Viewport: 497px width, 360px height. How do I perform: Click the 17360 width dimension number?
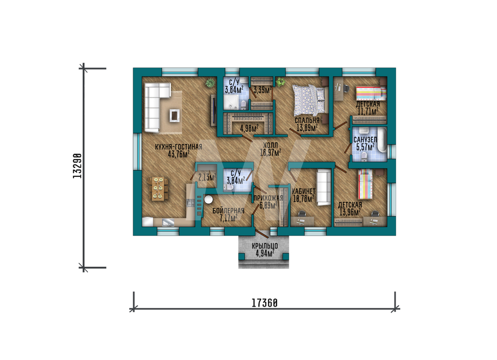pyautogui.click(x=264, y=303)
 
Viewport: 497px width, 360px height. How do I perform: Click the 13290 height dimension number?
pyautogui.click(x=77, y=166)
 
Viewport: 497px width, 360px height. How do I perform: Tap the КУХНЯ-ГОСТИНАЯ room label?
pyautogui.click(x=178, y=147)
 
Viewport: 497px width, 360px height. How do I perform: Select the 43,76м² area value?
pyautogui.click(x=179, y=154)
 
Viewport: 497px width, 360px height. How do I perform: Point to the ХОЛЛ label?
pyautogui.click(x=270, y=145)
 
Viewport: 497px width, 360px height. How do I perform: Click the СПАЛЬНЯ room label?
pyautogui.click(x=307, y=121)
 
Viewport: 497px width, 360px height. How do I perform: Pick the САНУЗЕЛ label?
pyautogui.click(x=365, y=140)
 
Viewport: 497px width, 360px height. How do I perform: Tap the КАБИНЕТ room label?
pyautogui.click(x=303, y=191)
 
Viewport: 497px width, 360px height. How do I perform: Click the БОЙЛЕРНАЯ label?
pyautogui.click(x=228, y=211)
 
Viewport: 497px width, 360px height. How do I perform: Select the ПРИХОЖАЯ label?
pyautogui.click(x=268, y=198)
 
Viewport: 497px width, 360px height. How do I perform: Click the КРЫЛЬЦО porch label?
pyautogui.click(x=265, y=246)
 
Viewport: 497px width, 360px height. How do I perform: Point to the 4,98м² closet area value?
pyautogui.click(x=249, y=128)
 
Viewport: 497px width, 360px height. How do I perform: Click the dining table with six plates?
pyautogui.click(x=158, y=189)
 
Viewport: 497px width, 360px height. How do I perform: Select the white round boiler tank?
pyautogui.click(x=208, y=200)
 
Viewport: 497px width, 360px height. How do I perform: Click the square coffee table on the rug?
pyautogui.click(x=174, y=115)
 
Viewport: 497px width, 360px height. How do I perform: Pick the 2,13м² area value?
pyautogui.click(x=207, y=177)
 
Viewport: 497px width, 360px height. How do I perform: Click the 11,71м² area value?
pyautogui.click(x=368, y=111)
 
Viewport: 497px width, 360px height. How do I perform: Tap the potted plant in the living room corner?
pyautogui.click(x=210, y=83)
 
